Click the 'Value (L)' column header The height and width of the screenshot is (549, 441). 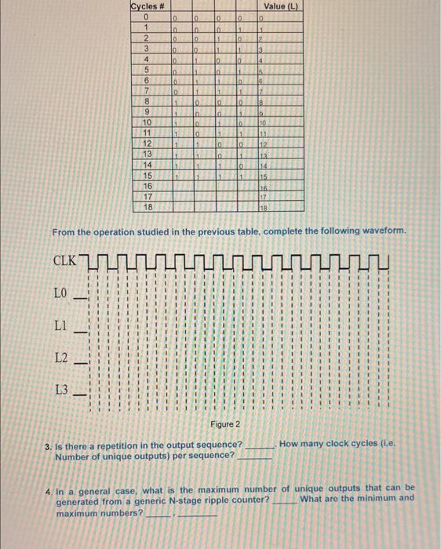pyautogui.click(x=280, y=6)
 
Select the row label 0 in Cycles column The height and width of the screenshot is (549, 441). pyautogui.click(x=145, y=16)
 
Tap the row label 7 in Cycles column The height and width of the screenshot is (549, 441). pyautogui.click(x=145, y=93)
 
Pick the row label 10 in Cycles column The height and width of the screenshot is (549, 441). pyautogui.click(x=145, y=123)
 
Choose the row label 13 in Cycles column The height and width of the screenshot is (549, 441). pyautogui.click(x=145, y=155)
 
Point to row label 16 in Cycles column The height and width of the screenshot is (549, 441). pyautogui.click(x=145, y=187)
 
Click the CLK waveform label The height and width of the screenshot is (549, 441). pyautogui.click(x=66, y=260)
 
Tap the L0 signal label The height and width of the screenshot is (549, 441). pyautogui.click(x=61, y=294)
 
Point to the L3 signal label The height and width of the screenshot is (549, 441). pyautogui.click(x=62, y=389)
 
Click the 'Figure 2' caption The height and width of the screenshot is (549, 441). pyautogui.click(x=225, y=424)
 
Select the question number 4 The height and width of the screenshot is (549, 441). pyautogui.click(x=48, y=489)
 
